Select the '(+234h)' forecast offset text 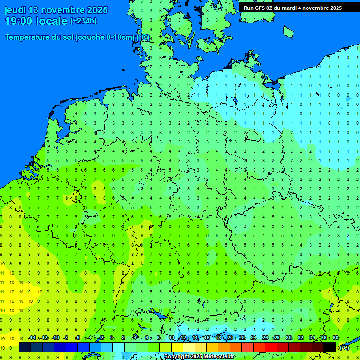click(x=83, y=21)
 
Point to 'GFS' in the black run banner click(x=262, y=8)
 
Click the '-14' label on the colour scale click(x=32, y=338)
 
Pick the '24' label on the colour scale click(x=254, y=338)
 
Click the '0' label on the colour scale click(x=112, y=338)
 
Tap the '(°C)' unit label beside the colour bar click(x=344, y=347)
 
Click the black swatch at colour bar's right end click(x=330, y=347)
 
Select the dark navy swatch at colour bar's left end click(x=24, y=347)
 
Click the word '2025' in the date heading click(x=95, y=10)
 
